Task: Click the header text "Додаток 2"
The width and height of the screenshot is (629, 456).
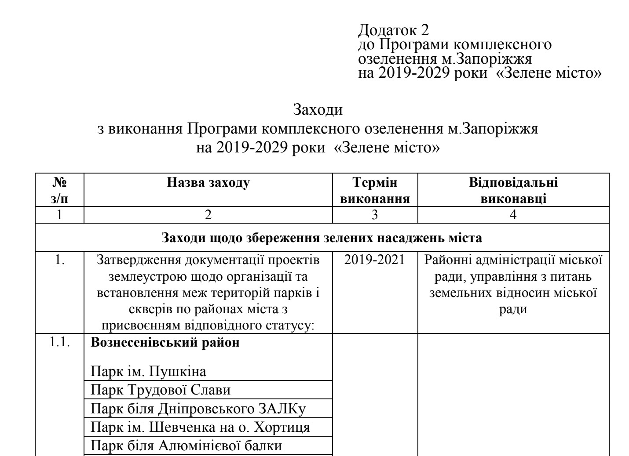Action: pos(394,30)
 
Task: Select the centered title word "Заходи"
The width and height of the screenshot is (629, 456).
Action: pos(318,109)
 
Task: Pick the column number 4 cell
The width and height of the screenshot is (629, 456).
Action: pos(513,215)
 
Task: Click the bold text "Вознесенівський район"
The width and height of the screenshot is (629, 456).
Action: pos(165,343)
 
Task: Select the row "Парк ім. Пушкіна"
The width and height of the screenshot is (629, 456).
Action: pos(148,372)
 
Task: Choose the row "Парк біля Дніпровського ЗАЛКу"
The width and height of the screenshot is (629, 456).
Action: pos(198,409)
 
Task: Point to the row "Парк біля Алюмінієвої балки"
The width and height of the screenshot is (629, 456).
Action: pos(186,446)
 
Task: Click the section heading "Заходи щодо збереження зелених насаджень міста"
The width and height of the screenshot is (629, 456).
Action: pos(322,238)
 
